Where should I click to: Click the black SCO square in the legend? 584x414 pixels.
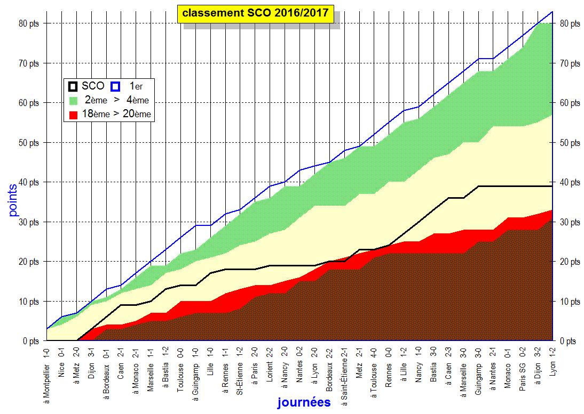(x=73, y=85)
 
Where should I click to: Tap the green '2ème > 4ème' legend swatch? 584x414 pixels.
(x=73, y=100)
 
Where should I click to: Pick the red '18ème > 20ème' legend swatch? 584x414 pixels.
(x=73, y=113)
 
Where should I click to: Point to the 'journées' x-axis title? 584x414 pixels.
(x=304, y=403)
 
